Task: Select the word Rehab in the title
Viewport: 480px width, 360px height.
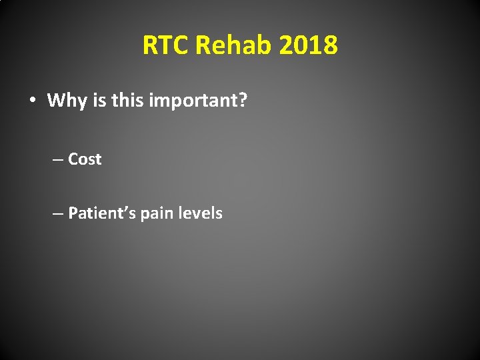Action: tap(234, 46)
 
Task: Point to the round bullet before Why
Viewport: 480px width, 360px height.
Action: tap(32, 101)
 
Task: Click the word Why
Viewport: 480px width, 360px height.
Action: tap(65, 101)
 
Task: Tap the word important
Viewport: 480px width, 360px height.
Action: tap(189, 101)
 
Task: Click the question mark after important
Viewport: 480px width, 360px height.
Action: tap(243, 101)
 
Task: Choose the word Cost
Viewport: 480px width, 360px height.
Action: tap(85, 159)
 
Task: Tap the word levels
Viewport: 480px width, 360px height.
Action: tap(199, 213)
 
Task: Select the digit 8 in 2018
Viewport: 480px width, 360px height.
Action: tap(330, 46)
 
